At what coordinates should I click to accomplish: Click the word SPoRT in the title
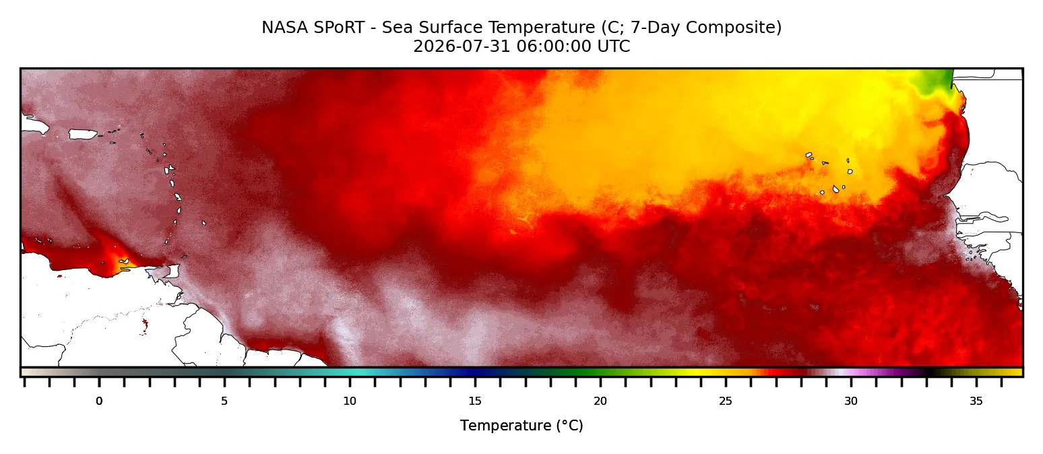(338, 28)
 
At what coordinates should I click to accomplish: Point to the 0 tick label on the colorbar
(99, 401)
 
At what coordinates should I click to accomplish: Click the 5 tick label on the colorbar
(224, 401)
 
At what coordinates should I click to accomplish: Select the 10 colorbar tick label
(350, 401)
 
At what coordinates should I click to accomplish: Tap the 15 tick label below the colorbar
(475, 401)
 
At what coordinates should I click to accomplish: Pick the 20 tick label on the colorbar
(600, 401)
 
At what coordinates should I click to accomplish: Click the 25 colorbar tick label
(726, 401)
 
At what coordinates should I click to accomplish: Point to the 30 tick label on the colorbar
(851, 401)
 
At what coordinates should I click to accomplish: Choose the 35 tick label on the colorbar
(976, 401)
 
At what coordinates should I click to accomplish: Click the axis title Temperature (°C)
(521, 426)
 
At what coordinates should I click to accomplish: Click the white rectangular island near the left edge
(83, 134)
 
